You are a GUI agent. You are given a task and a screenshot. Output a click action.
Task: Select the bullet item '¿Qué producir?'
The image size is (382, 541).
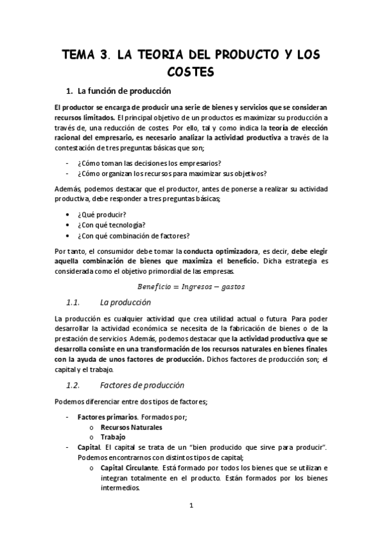[x=101, y=214]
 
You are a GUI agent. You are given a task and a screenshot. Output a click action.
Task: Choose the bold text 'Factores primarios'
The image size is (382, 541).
[x=107, y=417]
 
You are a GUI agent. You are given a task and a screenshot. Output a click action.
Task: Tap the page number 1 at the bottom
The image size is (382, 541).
[x=191, y=506]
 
